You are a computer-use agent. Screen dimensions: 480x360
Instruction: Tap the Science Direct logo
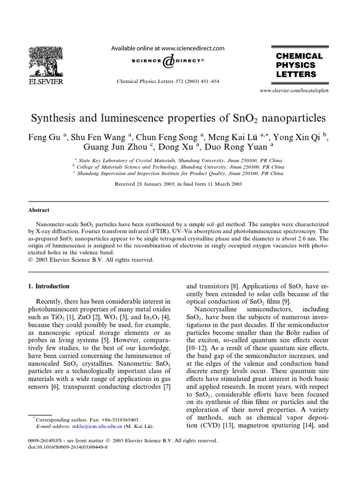point(167,61)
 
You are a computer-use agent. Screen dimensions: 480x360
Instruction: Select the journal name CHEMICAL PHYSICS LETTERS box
point(299,65)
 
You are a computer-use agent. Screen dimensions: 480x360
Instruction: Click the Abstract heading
point(39,210)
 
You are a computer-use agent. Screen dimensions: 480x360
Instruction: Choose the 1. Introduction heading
point(49,286)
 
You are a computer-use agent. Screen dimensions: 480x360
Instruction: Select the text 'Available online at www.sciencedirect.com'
point(167,48)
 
